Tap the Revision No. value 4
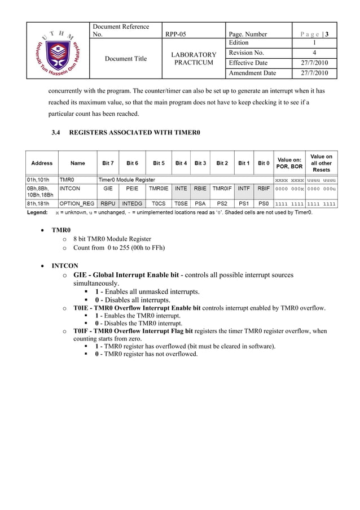314,53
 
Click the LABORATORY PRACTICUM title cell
194,58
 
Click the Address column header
42,163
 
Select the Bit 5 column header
159,163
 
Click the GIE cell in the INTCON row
108,189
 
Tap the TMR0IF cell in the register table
222,189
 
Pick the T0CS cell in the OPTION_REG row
159,203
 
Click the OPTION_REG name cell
78,203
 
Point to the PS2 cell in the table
222,203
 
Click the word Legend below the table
38,213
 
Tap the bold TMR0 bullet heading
61,230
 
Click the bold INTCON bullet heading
65,265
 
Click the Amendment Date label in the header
252,73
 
